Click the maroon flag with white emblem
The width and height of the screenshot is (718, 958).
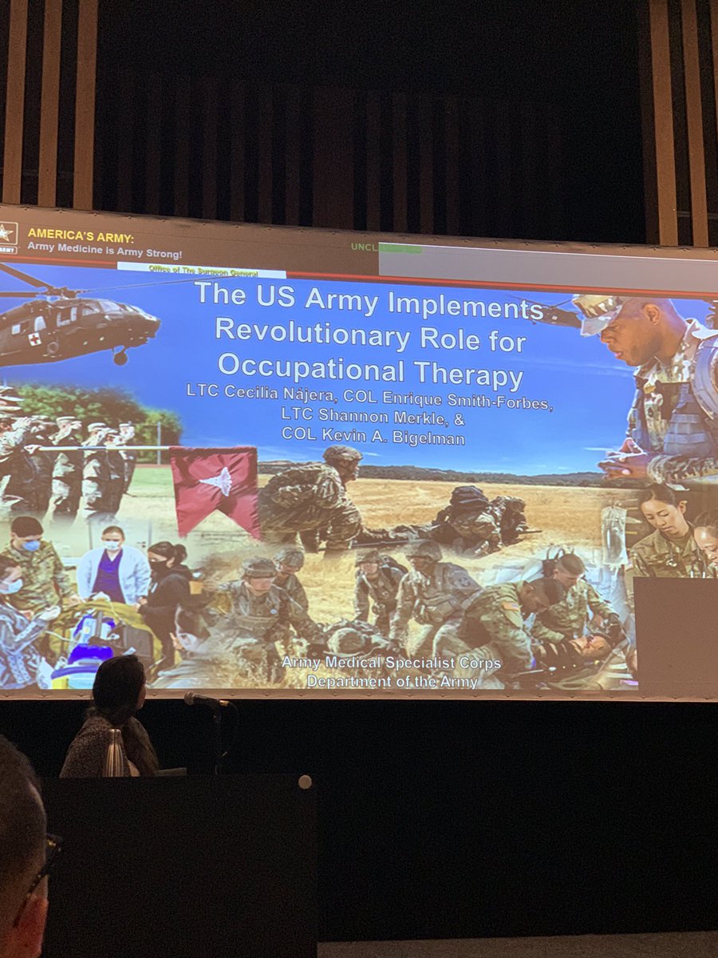pyautogui.click(x=216, y=486)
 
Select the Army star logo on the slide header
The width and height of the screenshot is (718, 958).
pyautogui.click(x=8, y=233)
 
